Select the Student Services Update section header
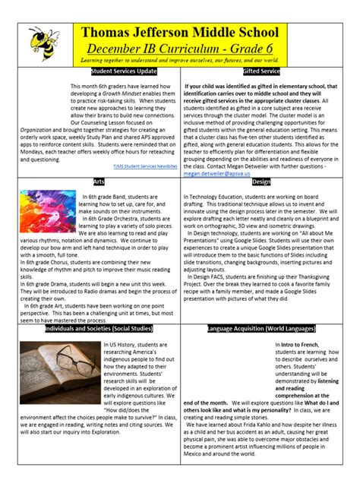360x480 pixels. pos(123,71)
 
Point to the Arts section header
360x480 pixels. pos(98,182)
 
